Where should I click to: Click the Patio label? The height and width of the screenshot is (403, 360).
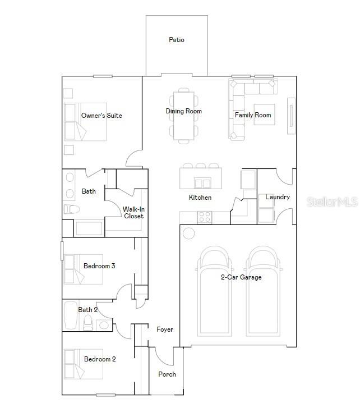[177, 40]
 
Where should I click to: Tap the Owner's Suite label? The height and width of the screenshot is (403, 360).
[101, 116]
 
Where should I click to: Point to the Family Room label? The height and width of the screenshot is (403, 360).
[253, 115]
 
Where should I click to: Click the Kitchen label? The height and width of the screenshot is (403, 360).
[200, 198]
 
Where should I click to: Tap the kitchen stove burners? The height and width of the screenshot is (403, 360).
[205, 217]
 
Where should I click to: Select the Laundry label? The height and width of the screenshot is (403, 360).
[278, 197]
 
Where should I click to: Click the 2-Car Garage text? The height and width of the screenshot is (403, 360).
[241, 277]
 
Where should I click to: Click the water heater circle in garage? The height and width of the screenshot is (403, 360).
[189, 233]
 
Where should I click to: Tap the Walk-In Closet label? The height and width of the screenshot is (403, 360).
[133, 213]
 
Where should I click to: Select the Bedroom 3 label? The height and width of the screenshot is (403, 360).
[99, 266]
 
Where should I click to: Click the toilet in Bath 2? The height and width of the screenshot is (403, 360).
[87, 322]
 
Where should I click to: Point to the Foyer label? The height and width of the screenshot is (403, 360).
[165, 329]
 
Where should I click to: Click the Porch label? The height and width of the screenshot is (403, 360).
[167, 374]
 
